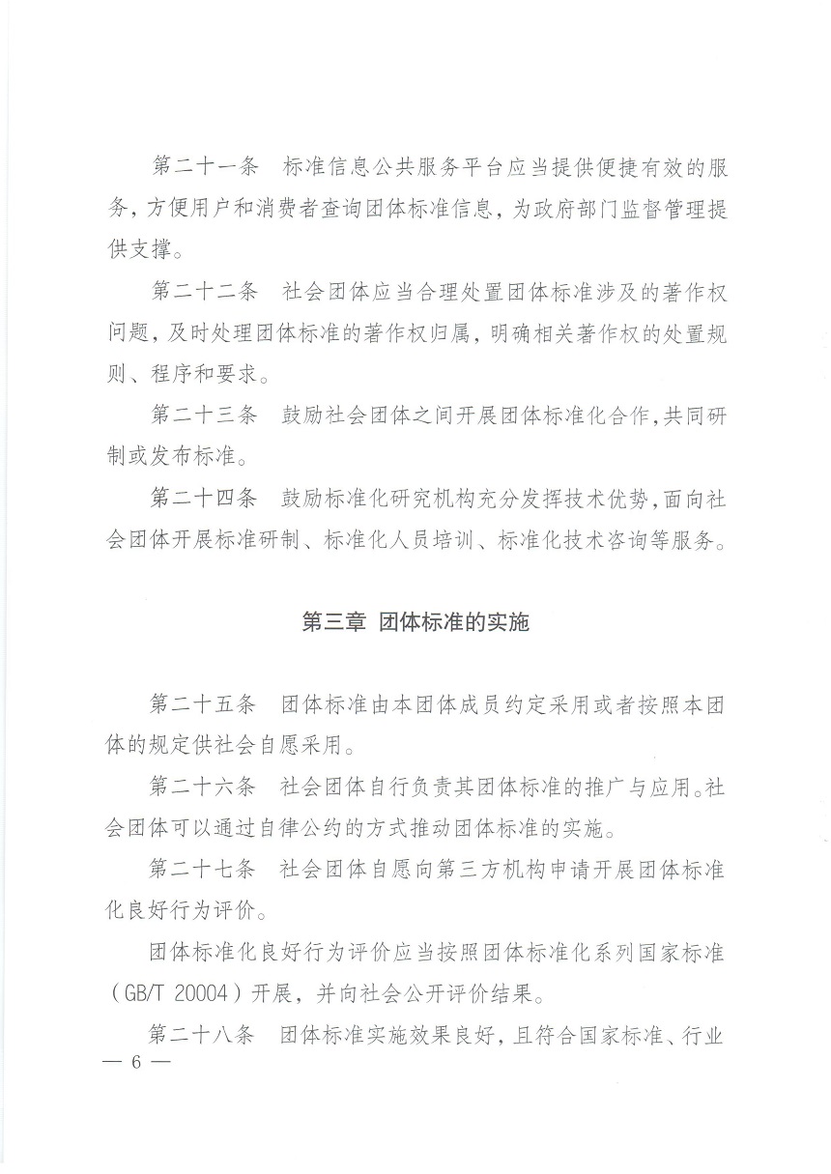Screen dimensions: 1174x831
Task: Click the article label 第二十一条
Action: point(205,166)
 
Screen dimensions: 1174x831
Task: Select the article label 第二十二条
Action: point(205,290)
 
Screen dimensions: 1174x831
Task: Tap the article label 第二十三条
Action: point(205,415)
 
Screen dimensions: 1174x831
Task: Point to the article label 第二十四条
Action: point(205,499)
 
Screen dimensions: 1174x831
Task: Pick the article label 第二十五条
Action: point(205,704)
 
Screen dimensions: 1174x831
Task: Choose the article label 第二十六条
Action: point(205,787)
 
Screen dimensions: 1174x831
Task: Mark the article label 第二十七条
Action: point(205,870)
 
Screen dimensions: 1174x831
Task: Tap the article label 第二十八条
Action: point(205,1036)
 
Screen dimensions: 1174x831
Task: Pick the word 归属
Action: point(447,332)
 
